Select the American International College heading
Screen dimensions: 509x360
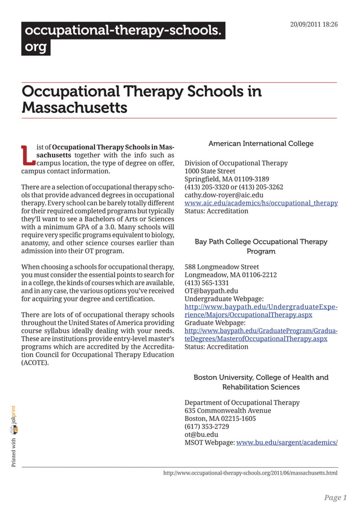(261, 144)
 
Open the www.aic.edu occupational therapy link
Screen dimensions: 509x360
(261, 203)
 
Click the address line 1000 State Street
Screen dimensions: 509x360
(210, 171)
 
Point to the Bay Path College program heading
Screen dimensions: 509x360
(261, 246)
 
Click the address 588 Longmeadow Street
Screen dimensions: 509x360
(222, 267)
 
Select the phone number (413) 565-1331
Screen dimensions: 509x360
(207, 283)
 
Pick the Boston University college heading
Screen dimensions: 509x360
(261, 382)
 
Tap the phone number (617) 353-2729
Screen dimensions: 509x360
(207, 427)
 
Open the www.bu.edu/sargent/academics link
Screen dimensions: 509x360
(287, 443)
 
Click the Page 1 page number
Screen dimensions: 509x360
(335, 498)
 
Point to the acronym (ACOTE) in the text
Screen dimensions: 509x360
(35, 363)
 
